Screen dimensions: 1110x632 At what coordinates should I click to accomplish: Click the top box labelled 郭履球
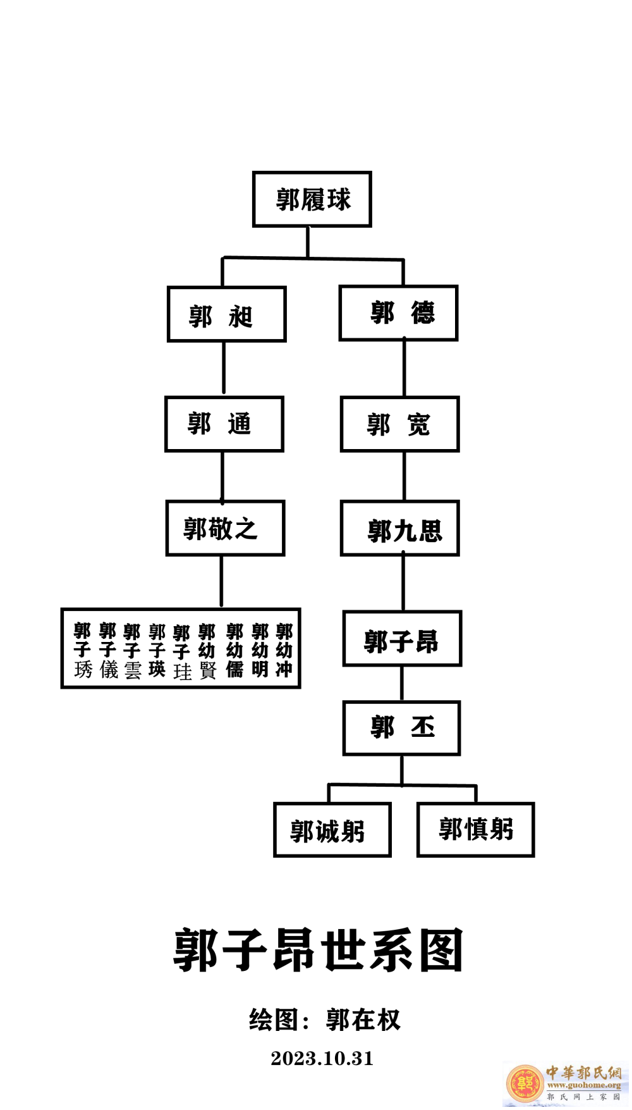[x=312, y=199]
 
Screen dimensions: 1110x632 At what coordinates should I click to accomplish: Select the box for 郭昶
[x=226, y=314]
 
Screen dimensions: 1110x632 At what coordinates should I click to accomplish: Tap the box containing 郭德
[x=398, y=313]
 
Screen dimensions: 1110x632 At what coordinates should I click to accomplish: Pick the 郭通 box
[x=224, y=424]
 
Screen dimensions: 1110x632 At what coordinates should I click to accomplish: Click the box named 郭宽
[x=399, y=424]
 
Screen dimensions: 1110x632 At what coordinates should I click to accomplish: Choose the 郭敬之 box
[x=225, y=528]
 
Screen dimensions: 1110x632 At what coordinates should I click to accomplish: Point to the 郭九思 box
[x=399, y=528]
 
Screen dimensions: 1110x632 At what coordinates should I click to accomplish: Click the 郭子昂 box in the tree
[x=402, y=639]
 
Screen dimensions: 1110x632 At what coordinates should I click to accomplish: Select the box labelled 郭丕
[x=401, y=728]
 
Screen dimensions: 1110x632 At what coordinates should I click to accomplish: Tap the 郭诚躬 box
[x=332, y=830]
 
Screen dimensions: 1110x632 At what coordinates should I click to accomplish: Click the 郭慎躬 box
[x=475, y=829]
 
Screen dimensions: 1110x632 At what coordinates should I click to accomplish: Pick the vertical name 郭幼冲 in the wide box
[x=284, y=650]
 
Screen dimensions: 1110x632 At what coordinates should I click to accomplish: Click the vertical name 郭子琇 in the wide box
[x=82, y=650]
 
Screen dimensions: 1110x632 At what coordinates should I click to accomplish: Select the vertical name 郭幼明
[x=260, y=650]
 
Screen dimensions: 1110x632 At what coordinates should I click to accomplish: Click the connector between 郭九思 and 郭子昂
[x=403, y=583]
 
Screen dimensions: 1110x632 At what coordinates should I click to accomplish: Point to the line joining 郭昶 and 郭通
[x=223, y=369]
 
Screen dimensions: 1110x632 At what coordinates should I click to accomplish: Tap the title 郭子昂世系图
[x=318, y=950]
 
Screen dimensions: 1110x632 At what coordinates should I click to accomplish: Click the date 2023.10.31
[x=322, y=1058]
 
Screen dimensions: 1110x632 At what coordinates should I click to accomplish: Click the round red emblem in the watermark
[x=525, y=1083]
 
